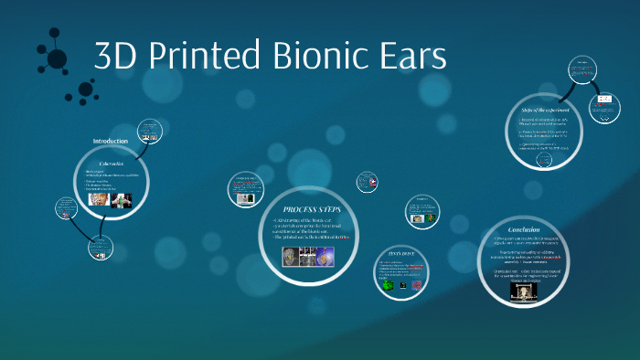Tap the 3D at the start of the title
pos(113,57)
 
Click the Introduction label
pos(111,141)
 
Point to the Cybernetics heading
pos(111,163)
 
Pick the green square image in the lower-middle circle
pos(388,285)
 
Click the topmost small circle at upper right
pos(582,70)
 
